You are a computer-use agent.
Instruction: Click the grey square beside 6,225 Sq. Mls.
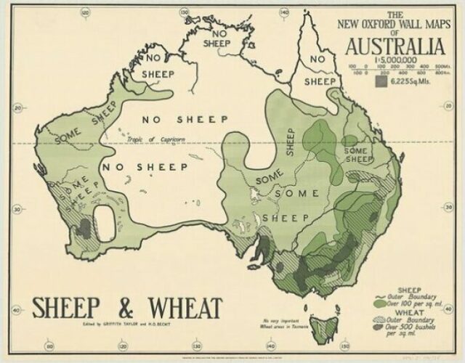coord(381,82)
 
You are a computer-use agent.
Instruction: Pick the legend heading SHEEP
coord(407,290)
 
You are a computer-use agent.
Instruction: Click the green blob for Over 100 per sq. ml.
coord(384,304)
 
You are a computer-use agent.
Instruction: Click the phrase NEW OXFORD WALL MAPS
coord(395,23)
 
